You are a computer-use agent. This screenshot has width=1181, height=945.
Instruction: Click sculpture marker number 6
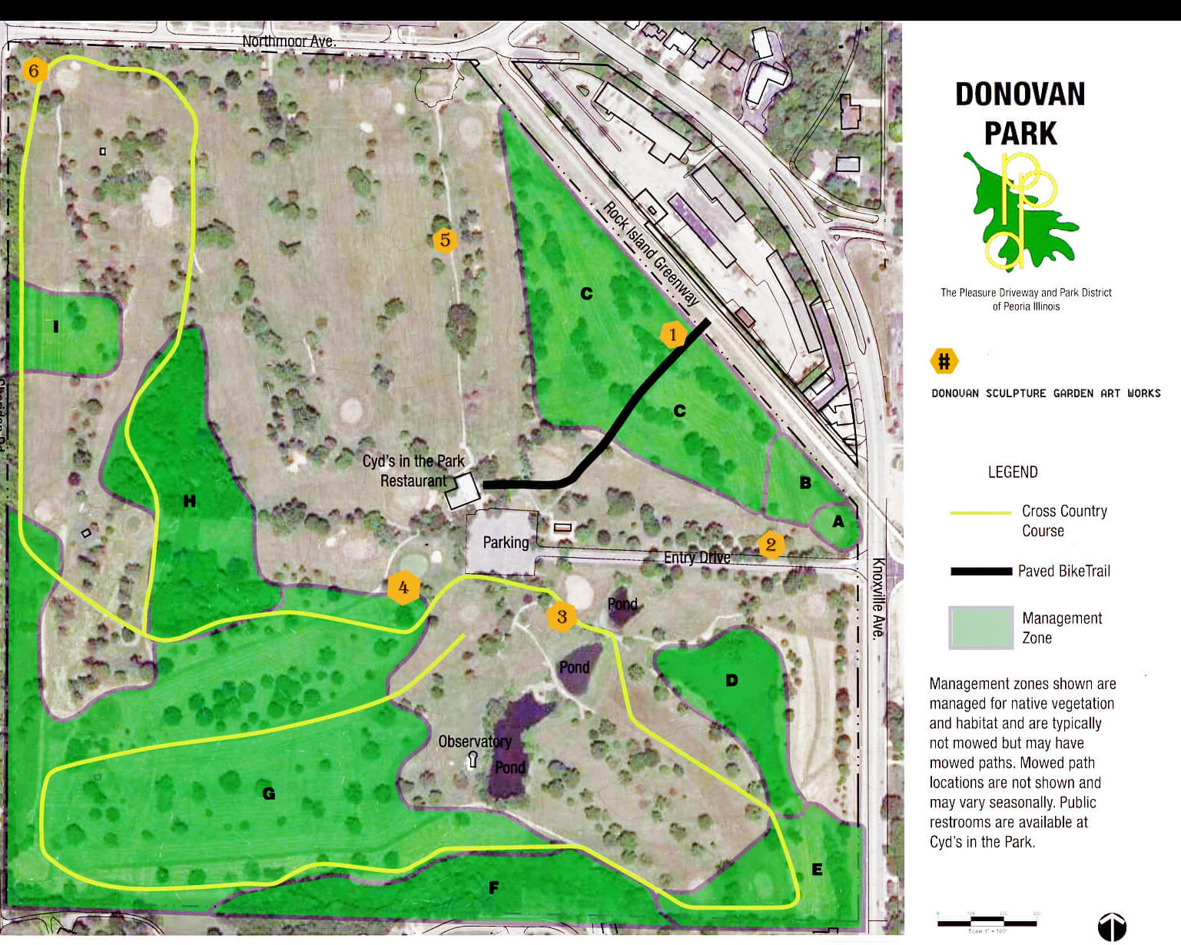[x=33, y=71]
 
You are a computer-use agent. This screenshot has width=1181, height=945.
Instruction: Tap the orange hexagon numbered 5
[x=445, y=240]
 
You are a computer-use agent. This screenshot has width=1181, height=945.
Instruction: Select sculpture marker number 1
[x=673, y=334]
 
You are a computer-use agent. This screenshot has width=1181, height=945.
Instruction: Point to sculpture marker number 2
[x=771, y=545]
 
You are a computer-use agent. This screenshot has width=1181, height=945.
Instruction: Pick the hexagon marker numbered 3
[x=562, y=616]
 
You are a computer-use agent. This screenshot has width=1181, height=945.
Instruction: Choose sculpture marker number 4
[x=403, y=589]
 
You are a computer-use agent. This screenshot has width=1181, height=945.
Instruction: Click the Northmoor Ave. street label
[x=289, y=41]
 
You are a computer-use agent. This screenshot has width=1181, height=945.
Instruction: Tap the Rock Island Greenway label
[x=651, y=254]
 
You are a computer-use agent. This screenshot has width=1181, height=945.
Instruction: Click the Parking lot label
[x=506, y=542]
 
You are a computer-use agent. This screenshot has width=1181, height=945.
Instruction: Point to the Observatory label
[x=474, y=741]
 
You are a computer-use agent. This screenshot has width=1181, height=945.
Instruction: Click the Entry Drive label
[x=697, y=557]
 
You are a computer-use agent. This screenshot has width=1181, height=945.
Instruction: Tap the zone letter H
[x=190, y=502]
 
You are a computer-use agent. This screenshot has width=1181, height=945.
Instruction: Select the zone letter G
[x=268, y=794]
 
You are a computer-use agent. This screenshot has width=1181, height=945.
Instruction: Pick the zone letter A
[x=838, y=522]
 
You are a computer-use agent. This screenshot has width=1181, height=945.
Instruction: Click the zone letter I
[x=56, y=327]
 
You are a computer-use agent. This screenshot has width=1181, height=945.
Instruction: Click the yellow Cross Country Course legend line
[x=980, y=512]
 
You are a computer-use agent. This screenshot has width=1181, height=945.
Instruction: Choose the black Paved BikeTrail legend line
[x=980, y=571]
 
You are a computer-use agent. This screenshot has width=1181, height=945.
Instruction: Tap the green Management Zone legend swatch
[x=980, y=628]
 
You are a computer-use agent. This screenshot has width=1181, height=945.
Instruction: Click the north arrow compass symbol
[x=1111, y=927]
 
